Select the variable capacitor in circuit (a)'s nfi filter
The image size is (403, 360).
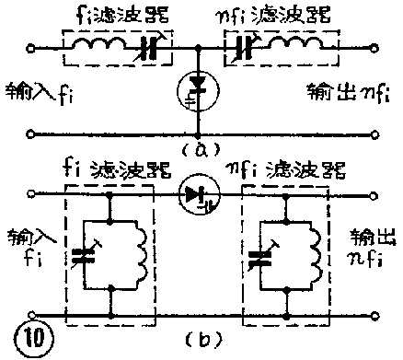(248, 45)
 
